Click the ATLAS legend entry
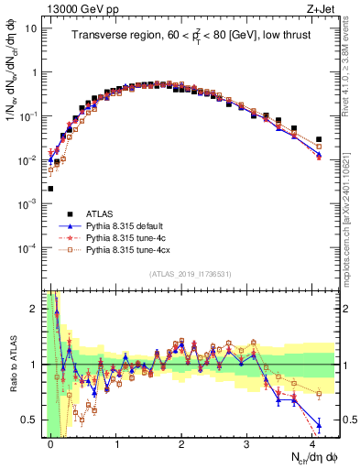(x=102, y=213)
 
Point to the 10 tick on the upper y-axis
(x=30, y=28)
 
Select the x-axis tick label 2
(x=181, y=442)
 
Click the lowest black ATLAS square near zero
(x=50, y=189)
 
